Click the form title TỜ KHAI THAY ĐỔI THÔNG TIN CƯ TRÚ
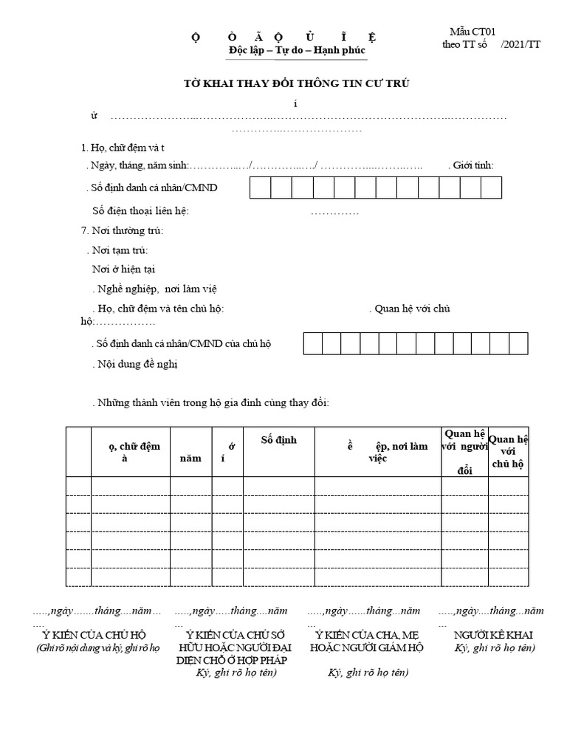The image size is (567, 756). pos(295,84)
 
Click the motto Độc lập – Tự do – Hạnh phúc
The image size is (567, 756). pos(297,49)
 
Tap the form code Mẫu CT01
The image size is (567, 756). pos(472,31)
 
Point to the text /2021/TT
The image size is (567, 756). pos(520,44)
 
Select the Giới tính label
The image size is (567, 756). pos(473,165)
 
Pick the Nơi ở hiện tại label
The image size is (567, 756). pos(123,269)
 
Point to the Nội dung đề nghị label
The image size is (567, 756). pos(137,364)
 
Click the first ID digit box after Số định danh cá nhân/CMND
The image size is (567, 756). pos(261,188)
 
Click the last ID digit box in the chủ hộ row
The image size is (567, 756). pos(519,344)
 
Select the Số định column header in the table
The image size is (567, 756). pos(279,440)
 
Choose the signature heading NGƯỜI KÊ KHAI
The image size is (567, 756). pos(494,635)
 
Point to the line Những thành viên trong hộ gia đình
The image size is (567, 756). pos(212,403)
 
